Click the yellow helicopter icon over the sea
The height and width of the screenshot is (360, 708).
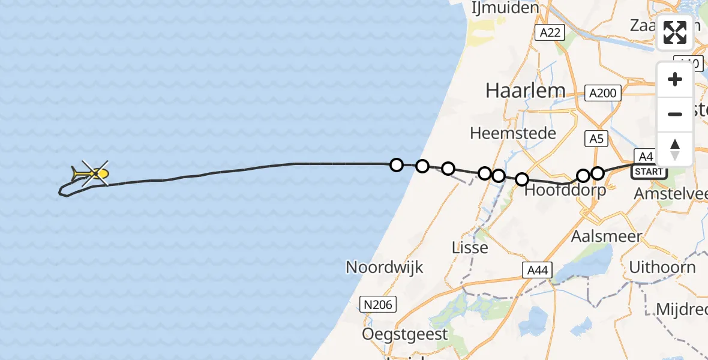pyautogui.click(x=90, y=174)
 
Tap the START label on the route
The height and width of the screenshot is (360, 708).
pyautogui.click(x=649, y=172)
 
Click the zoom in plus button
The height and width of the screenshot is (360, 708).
pyautogui.click(x=675, y=80)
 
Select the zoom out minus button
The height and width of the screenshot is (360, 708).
pyautogui.click(x=675, y=114)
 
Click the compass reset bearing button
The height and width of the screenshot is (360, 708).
pyautogui.click(x=675, y=149)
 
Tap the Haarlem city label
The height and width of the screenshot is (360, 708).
pyautogui.click(x=525, y=90)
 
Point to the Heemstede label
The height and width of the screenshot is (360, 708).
pyautogui.click(x=513, y=133)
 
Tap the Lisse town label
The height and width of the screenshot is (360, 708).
pyautogui.click(x=470, y=247)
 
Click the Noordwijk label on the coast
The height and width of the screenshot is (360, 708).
pyautogui.click(x=385, y=267)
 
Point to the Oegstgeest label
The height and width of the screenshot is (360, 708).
pyautogui.click(x=405, y=334)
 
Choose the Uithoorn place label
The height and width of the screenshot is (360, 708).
pyautogui.click(x=662, y=267)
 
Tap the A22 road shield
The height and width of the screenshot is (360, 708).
pyautogui.click(x=550, y=32)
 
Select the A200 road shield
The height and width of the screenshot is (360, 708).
pyautogui.click(x=602, y=93)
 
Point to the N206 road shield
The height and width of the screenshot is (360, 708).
pyautogui.click(x=377, y=305)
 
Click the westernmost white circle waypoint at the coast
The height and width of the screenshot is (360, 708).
pyautogui.click(x=396, y=164)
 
